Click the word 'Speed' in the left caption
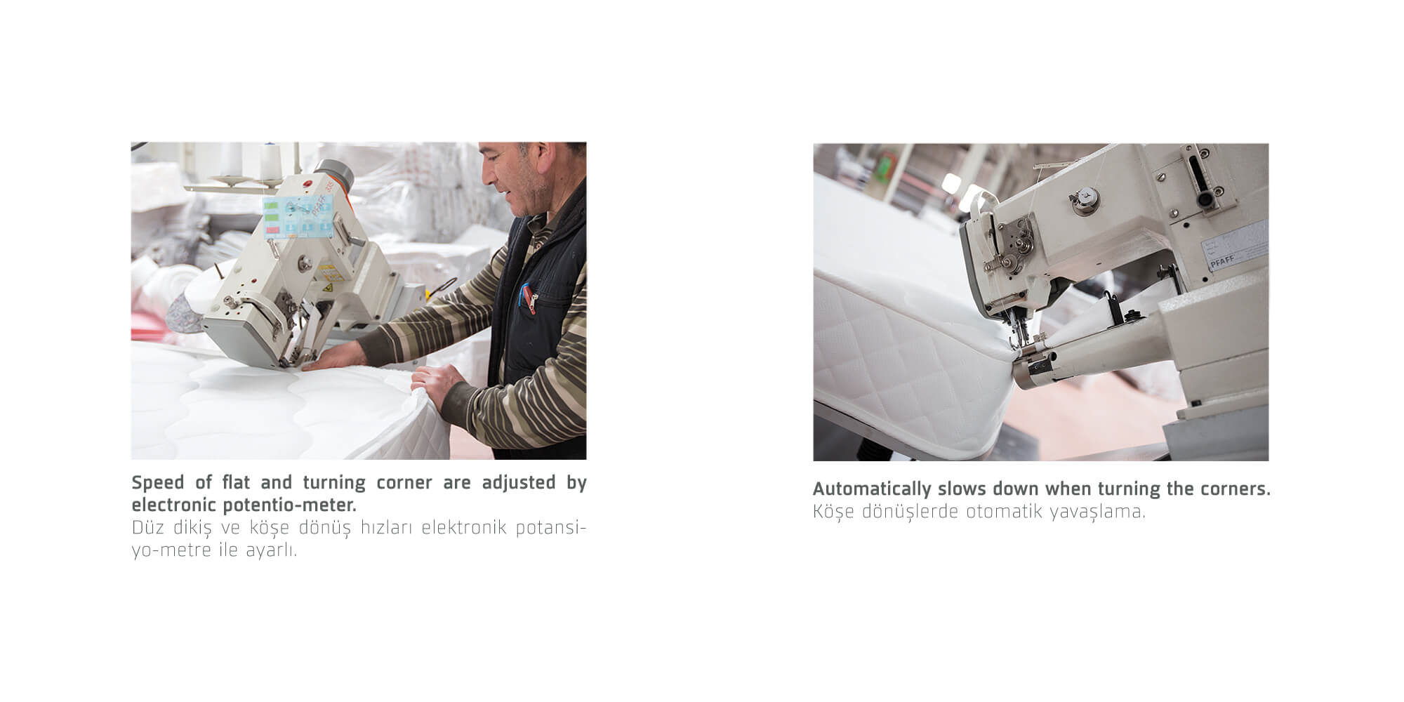point(158,483)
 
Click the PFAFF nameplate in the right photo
point(1223,262)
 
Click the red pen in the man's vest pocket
point(523,296)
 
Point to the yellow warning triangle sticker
point(328,286)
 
